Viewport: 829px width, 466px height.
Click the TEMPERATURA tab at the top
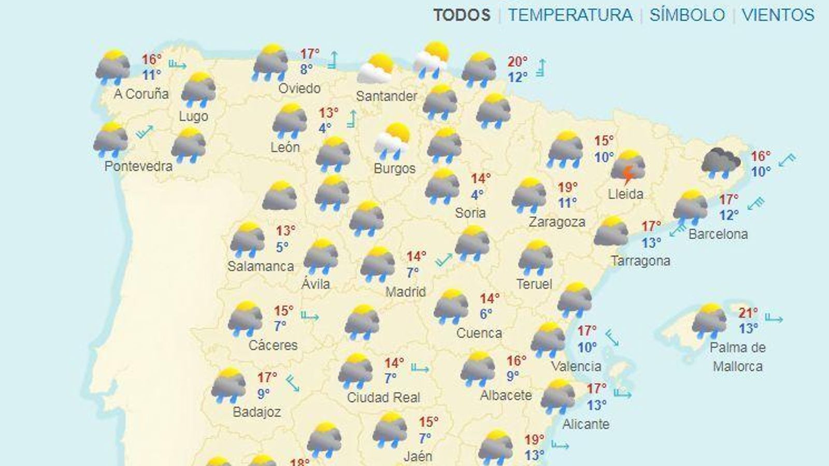pyautogui.click(x=570, y=14)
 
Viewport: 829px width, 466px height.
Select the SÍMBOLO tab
pyautogui.click(x=687, y=14)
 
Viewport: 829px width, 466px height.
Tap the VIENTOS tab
pyautogui.click(x=778, y=14)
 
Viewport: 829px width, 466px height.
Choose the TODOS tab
pyautogui.click(x=462, y=14)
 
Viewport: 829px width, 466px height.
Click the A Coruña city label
pyautogui.click(x=141, y=94)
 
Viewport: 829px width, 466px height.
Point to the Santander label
pyautogui.click(x=387, y=96)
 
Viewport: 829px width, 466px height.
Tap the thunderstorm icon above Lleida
pyautogui.click(x=628, y=168)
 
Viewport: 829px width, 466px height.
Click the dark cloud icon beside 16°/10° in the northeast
pyautogui.click(x=721, y=162)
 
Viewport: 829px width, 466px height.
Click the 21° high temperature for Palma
pyautogui.click(x=748, y=313)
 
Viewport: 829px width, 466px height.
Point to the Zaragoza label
pyautogui.click(x=557, y=222)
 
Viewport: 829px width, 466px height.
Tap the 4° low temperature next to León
pyautogui.click(x=325, y=128)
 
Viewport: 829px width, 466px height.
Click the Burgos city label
pyautogui.click(x=394, y=168)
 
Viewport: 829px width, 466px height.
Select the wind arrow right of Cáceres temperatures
pyautogui.click(x=310, y=316)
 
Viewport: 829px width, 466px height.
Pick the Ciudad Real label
pyautogui.click(x=383, y=398)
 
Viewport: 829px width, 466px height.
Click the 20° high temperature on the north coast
pyautogui.click(x=517, y=62)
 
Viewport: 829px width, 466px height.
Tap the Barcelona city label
pyautogui.click(x=718, y=234)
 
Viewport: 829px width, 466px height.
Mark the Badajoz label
pyautogui.click(x=256, y=412)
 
